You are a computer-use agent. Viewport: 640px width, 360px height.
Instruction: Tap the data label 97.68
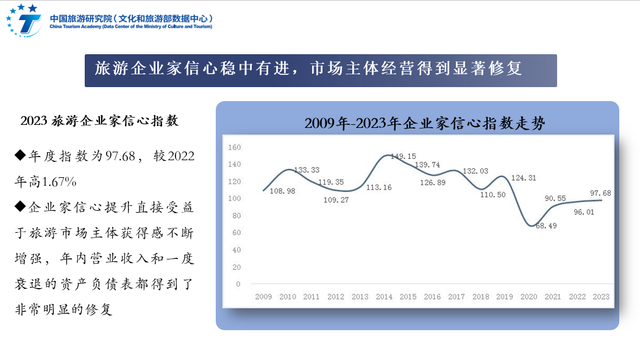(600, 193)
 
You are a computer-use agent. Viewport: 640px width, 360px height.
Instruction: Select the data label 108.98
(282, 191)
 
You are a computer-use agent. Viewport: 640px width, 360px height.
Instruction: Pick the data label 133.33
(307, 170)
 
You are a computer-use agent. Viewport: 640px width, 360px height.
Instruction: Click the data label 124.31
(524, 178)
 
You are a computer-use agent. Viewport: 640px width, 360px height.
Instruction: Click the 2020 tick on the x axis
(528, 297)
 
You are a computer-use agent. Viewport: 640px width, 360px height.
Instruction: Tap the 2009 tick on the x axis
(263, 297)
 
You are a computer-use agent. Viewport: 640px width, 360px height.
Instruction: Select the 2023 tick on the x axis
(601, 297)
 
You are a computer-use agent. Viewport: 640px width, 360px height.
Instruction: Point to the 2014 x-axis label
(384, 297)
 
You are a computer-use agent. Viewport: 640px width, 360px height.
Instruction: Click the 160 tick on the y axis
(234, 147)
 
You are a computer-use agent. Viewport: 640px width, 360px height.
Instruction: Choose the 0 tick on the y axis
(238, 284)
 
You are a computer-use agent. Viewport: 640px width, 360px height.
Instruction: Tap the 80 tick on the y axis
(236, 216)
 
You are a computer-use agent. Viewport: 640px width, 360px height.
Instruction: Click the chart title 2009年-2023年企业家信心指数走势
(424, 124)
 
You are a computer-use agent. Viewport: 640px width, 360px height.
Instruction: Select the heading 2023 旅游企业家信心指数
(99, 121)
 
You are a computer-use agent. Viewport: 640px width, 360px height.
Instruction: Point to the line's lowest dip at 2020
(530, 226)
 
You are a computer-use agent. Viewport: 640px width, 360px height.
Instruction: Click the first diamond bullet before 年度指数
(20, 156)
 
